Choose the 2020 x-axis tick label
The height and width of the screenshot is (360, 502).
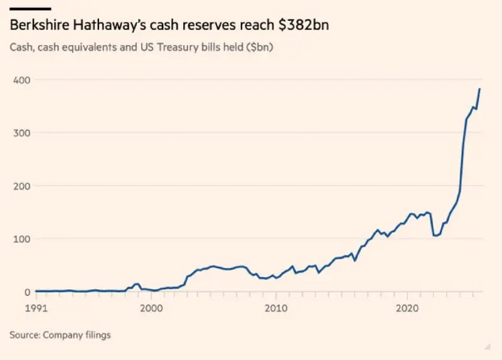407,308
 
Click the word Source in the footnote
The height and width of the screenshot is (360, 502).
24,335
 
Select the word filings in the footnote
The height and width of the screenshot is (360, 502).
96,335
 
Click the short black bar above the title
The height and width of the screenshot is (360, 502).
30,9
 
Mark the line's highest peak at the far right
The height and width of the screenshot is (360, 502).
480,89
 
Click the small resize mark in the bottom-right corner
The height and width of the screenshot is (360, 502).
486,346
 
